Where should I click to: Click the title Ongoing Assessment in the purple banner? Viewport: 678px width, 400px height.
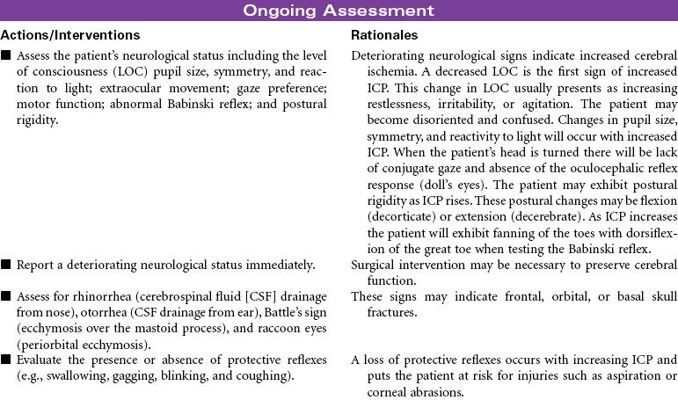(339, 11)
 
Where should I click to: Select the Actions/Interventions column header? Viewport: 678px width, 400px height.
(70, 35)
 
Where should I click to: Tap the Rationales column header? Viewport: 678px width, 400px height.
(384, 35)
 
